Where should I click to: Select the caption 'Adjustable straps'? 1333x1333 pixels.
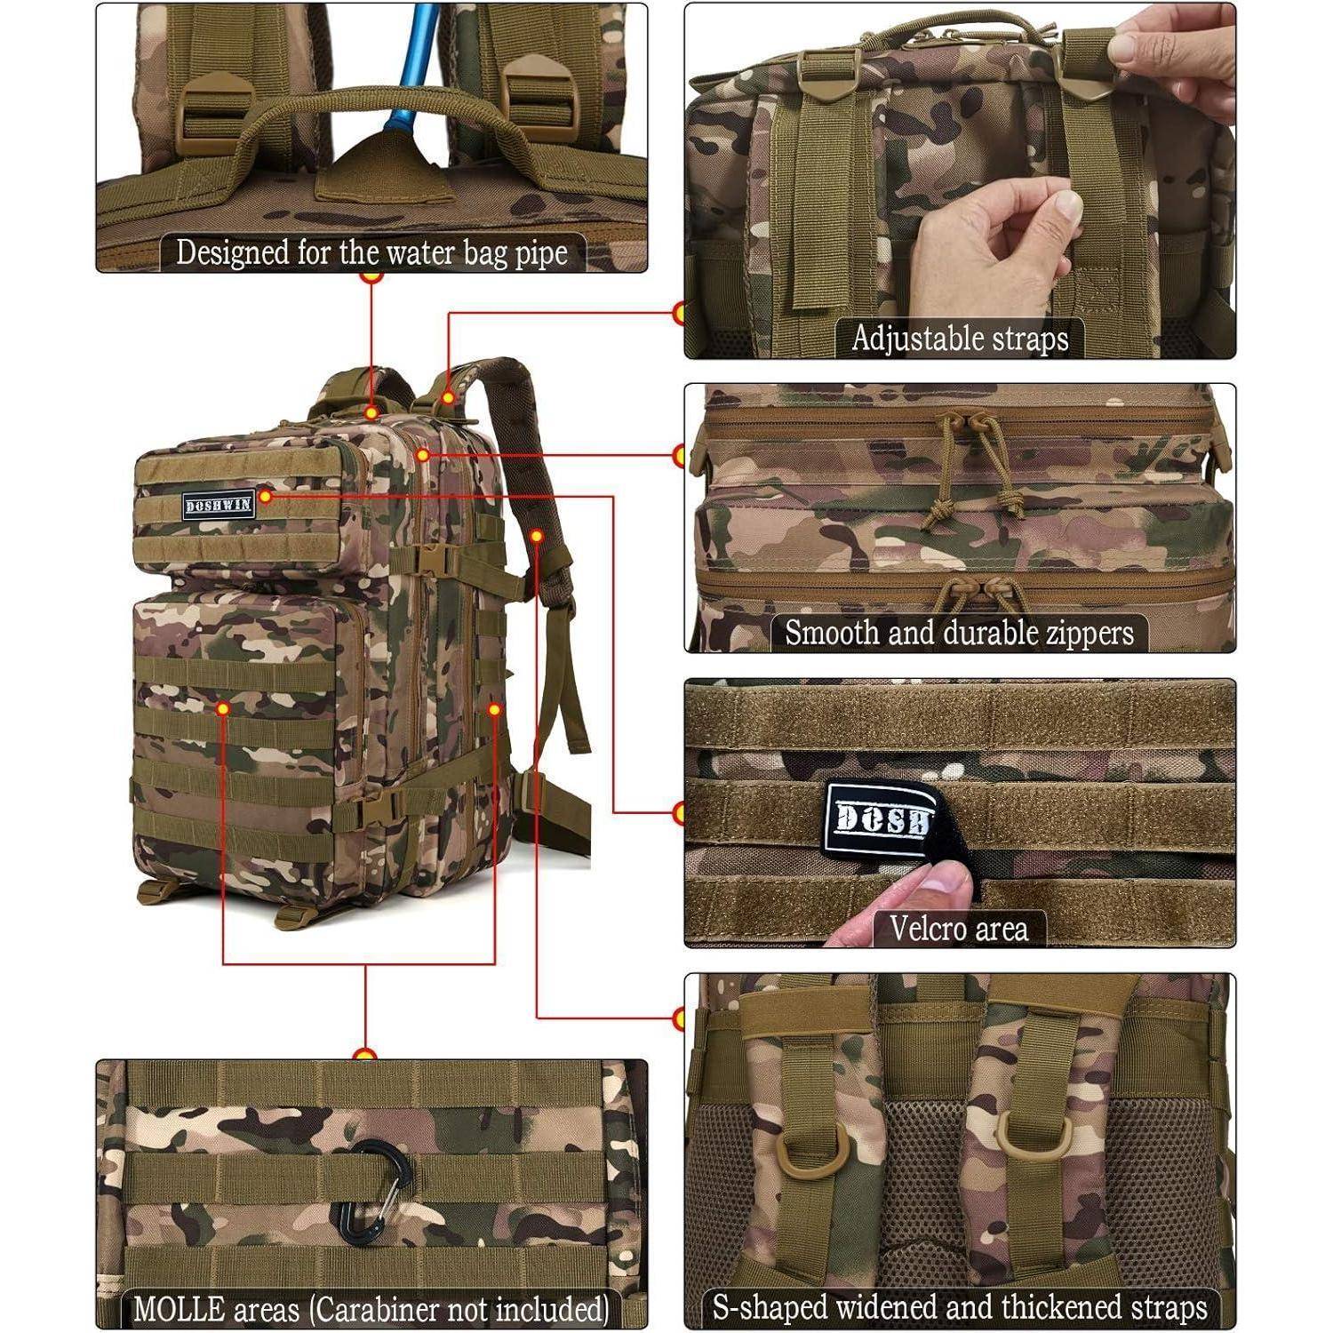(x=960, y=339)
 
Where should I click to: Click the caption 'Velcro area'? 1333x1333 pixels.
(x=959, y=929)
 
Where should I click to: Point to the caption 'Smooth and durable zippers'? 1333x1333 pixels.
(x=959, y=634)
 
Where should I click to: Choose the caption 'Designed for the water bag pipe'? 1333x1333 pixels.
(x=371, y=253)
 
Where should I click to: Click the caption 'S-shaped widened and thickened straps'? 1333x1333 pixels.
(x=960, y=1307)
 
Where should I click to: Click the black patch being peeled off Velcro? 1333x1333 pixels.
(x=880, y=811)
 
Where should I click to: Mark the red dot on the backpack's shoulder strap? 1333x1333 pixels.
(x=537, y=535)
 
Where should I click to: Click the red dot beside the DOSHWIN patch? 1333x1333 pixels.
(x=265, y=498)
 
